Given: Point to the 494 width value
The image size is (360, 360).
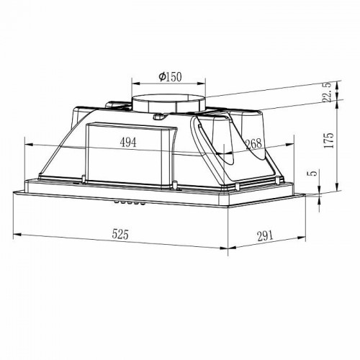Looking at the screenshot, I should tap(127, 143).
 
